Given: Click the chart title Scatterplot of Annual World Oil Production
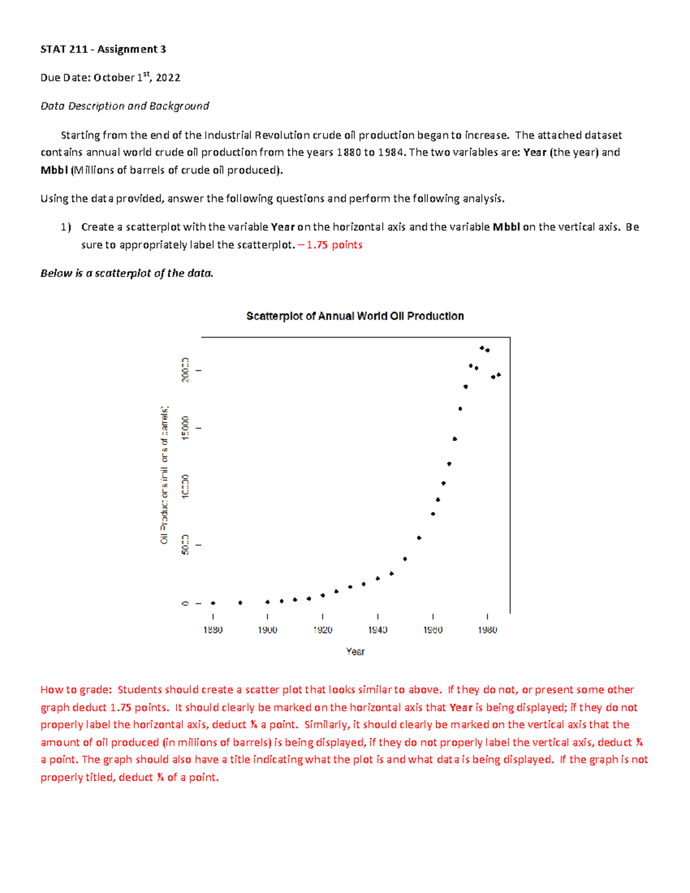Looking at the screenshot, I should pyautogui.click(x=355, y=316).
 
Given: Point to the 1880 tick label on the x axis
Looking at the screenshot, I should pyautogui.click(x=213, y=630).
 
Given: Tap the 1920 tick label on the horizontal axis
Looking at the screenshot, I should pyautogui.click(x=323, y=630).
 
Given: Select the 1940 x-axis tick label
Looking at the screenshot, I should pyautogui.click(x=378, y=630).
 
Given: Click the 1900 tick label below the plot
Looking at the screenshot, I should pyautogui.click(x=267, y=630).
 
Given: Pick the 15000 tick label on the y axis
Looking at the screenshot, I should pyautogui.click(x=185, y=428).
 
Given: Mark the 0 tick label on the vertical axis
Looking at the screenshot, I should pyautogui.click(x=185, y=603).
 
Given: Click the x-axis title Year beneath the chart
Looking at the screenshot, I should pyautogui.click(x=355, y=651).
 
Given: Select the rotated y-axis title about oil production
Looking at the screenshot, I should pyautogui.click(x=164, y=474).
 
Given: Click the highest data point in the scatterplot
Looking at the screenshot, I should pyautogui.click(x=482, y=348).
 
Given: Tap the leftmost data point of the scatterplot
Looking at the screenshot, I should pyautogui.click(x=213, y=603).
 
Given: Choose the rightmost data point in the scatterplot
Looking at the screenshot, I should pyautogui.click(x=499, y=375).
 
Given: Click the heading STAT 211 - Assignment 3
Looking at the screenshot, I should pyautogui.click(x=103, y=49).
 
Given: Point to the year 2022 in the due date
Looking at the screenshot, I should pyautogui.click(x=168, y=78).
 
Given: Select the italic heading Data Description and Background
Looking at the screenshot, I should pyautogui.click(x=125, y=106).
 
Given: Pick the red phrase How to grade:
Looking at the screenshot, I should pyautogui.click(x=75, y=690).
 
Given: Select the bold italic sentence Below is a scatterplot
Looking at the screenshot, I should pyautogui.click(x=126, y=274).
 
